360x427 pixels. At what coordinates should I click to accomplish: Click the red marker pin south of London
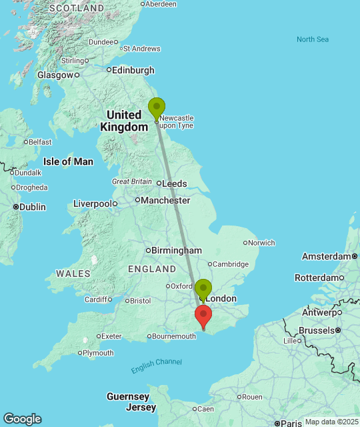point(203,316)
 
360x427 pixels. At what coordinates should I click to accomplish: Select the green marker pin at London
point(203,290)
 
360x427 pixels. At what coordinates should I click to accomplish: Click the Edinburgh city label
point(133,70)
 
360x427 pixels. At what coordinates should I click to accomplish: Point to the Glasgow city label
point(55,75)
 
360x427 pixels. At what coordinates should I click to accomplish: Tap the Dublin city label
point(32,207)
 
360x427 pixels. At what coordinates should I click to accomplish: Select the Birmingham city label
point(177,250)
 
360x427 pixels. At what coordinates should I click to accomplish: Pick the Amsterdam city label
point(326,256)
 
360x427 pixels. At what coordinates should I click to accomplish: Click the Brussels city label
point(315,330)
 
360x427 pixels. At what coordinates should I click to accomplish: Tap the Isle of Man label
point(68,161)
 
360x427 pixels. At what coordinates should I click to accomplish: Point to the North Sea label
point(313,39)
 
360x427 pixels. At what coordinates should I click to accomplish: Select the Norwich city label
point(261,243)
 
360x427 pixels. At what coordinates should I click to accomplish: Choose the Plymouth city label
point(99,353)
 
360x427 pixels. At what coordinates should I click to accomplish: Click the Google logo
point(21,419)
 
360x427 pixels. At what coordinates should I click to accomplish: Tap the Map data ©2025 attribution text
point(330,422)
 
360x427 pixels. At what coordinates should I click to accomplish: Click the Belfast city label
point(40,141)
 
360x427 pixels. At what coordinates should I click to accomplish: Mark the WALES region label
point(73,274)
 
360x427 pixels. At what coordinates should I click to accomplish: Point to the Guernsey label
point(127,396)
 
